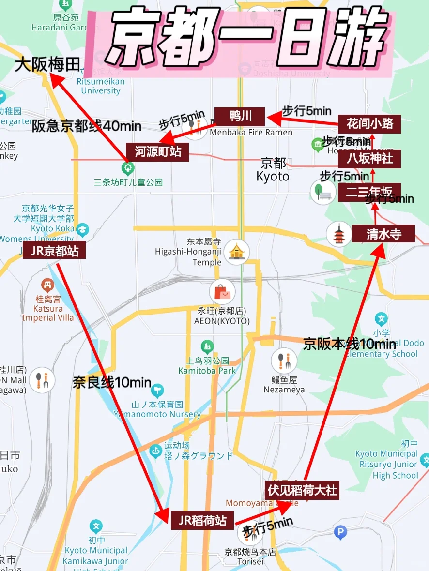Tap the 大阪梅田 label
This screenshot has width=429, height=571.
(47, 65)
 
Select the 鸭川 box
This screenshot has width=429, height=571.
(240, 117)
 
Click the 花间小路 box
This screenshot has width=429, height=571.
(370, 124)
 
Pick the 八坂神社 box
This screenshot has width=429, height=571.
(370, 158)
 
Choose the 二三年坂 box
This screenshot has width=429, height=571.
(369, 192)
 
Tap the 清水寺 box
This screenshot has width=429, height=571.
(383, 234)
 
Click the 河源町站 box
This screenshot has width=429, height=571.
(158, 151)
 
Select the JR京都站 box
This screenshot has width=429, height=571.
(54, 250)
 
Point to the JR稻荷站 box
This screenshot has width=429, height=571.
(202, 520)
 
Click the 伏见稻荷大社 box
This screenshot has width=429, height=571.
(302, 490)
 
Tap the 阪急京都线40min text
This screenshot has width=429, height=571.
(87, 127)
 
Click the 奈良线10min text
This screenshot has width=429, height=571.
(112, 383)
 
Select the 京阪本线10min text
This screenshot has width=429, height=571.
(350, 344)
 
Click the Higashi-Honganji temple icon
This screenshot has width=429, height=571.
(236, 251)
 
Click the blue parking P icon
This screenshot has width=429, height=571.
(340, 533)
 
